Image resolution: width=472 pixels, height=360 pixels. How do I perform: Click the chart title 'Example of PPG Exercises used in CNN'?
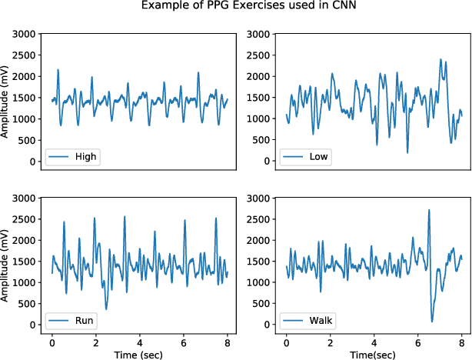tap(236, 7)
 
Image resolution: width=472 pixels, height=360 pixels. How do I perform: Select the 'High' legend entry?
tap(73, 156)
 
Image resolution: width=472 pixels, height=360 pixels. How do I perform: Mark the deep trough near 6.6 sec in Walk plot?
tap(432, 322)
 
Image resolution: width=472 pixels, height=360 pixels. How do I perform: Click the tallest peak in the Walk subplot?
tap(429, 210)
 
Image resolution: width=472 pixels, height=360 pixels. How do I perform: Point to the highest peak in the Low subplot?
tap(440, 59)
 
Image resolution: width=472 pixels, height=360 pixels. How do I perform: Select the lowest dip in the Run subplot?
tap(106, 309)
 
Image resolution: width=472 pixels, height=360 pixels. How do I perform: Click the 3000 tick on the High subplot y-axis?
tap(28, 34)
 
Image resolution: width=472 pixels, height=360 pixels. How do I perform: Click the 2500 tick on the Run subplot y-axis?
tap(28, 219)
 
